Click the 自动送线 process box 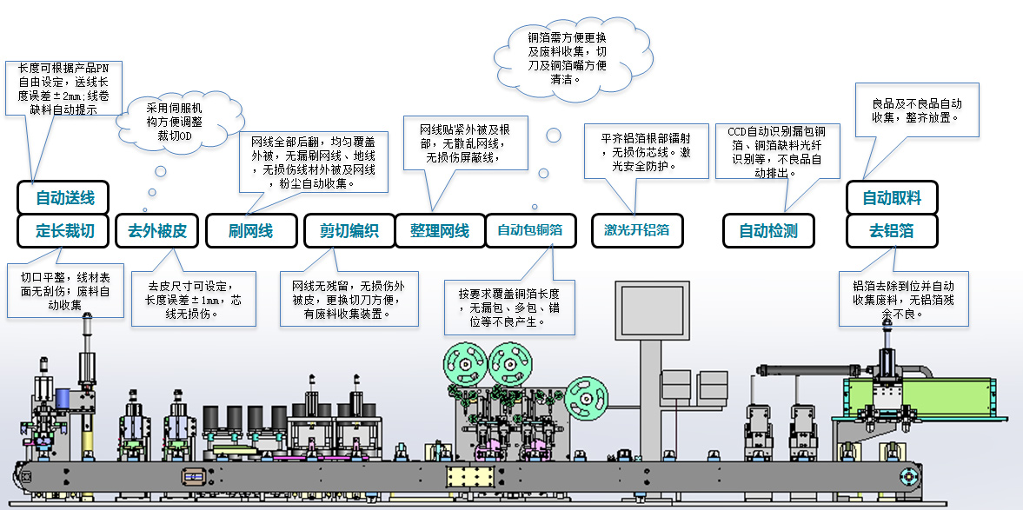point(65,197)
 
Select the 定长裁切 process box point(65,231)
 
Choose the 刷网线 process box point(250,231)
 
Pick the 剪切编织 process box point(349,231)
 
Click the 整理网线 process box point(439,231)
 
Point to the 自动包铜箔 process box point(529,231)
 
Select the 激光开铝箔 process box point(636,231)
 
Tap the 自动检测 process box point(767,231)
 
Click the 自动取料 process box point(892,198)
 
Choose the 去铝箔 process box point(892,231)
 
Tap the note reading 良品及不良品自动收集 point(917,109)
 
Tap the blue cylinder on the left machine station point(63,399)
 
